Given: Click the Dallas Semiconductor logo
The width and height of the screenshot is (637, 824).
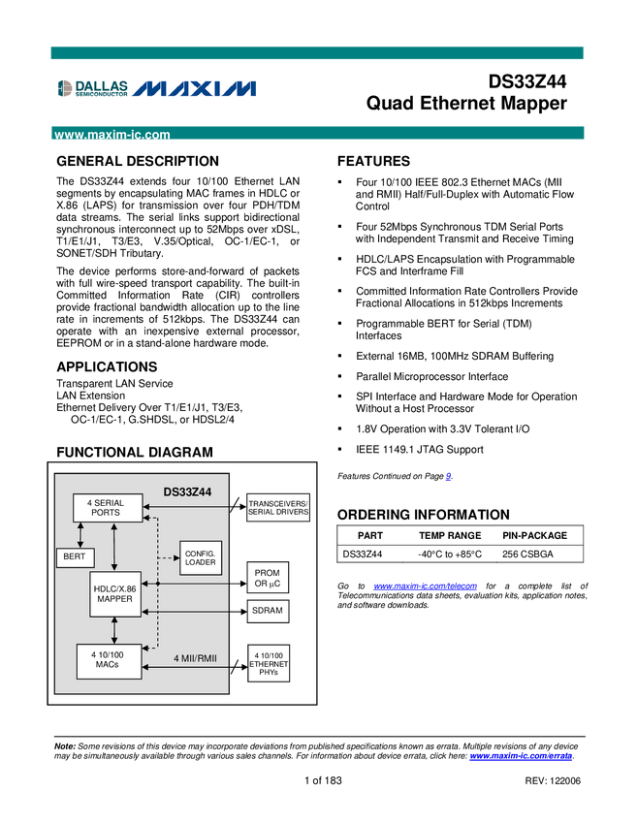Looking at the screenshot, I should tap(92, 88).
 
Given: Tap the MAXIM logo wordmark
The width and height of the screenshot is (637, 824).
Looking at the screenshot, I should tap(195, 89).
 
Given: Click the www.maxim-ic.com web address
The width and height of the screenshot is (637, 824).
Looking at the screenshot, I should tap(112, 136).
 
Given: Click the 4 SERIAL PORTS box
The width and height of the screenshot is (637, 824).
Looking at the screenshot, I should tap(106, 508).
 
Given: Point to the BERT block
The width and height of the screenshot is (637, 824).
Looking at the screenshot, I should tap(75, 557).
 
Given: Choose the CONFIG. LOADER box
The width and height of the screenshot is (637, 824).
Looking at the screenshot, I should tap(201, 557).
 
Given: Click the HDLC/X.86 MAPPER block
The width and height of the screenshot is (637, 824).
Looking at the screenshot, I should tap(114, 592).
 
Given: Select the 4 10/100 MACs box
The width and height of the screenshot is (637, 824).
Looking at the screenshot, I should tap(109, 660).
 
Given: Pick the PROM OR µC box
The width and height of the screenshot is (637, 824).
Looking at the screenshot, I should tap(267, 579).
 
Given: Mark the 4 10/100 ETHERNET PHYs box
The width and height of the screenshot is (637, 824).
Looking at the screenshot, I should tap(269, 664).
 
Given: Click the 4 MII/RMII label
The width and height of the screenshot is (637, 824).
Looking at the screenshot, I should tap(195, 659).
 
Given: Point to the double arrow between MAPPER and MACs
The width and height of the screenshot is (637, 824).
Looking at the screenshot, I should tap(115, 629).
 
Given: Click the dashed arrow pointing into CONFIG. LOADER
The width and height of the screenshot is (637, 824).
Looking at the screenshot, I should tap(169, 557).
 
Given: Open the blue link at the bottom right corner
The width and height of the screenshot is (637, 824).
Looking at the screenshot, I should tap(522, 756).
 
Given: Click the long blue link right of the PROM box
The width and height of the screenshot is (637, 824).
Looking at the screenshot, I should tap(425, 586).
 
